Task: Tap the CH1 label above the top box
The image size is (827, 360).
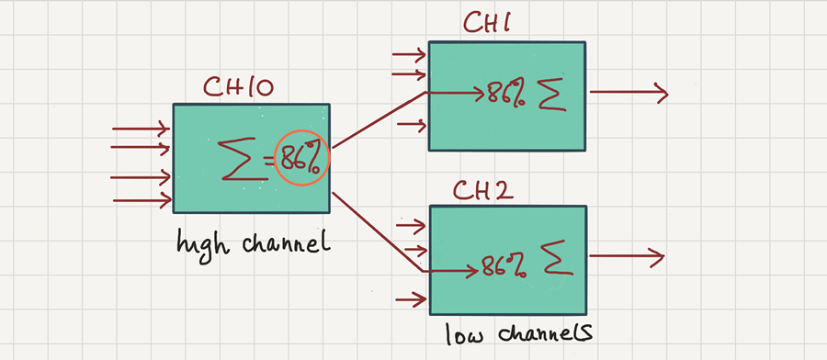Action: pyautogui.click(x=487, y=24)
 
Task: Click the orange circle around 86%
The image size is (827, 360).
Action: pyautogui.click(x=302, y=158)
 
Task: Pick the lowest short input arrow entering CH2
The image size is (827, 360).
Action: pyautogui.click(x=412, y=298)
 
